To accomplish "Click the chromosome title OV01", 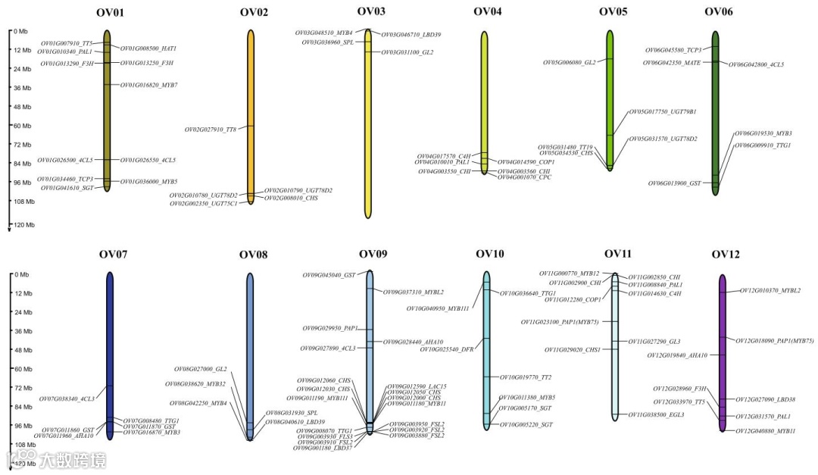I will [111, 13].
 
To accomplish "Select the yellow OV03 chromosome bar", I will [368, 121].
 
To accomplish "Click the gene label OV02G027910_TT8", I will [211, 130].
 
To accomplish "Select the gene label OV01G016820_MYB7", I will [149, 85].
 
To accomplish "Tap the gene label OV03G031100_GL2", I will [407, 52].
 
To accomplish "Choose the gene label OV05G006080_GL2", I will [569, 62].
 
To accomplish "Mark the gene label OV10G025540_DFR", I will [447, 349].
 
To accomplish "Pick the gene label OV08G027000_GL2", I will [200, 369].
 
